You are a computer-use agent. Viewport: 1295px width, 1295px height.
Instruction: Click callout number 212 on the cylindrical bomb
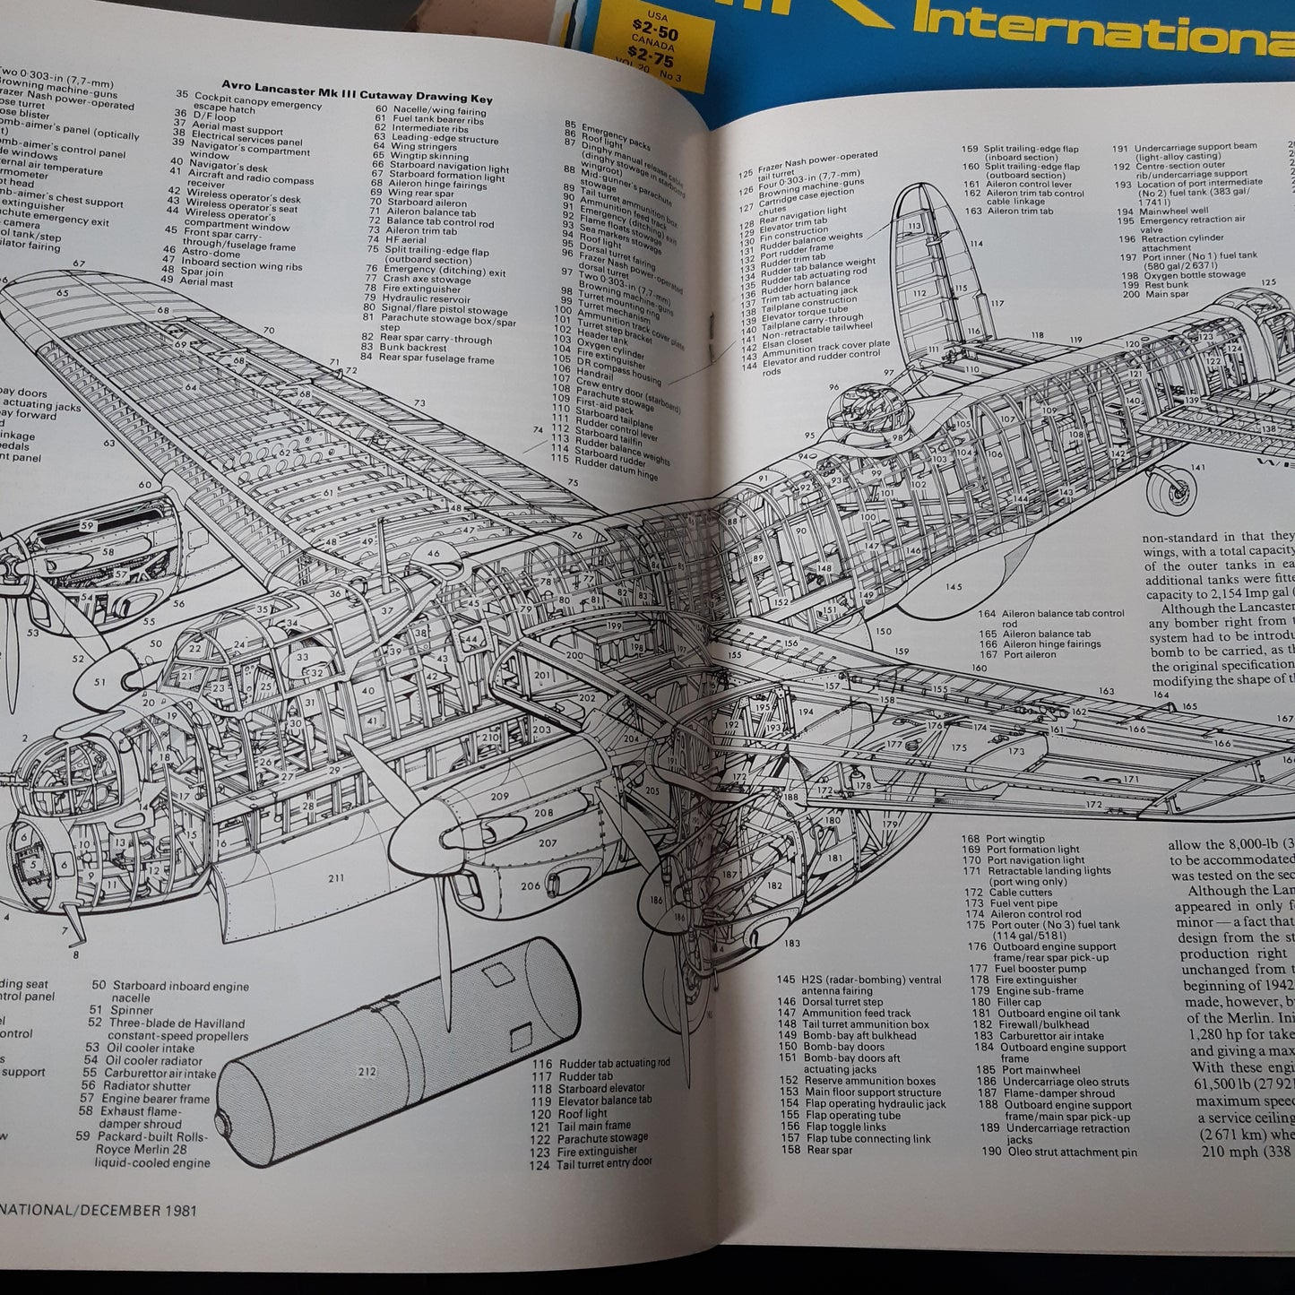click(x=367, y=1071)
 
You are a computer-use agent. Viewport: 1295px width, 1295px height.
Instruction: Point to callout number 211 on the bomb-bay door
click(x=335, y=877)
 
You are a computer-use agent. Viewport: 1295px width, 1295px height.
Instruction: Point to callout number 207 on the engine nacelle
click(x=547, y=842)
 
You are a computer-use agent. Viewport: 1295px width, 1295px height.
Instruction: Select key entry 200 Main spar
click(x=1156, y=294)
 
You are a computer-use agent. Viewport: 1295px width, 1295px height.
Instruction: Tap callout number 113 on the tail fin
click(x=915, y=226)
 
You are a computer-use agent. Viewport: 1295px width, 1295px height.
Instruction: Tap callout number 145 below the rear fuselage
click(x=953, y=587)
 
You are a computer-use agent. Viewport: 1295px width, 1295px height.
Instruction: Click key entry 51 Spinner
click(x=127, y=1010)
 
